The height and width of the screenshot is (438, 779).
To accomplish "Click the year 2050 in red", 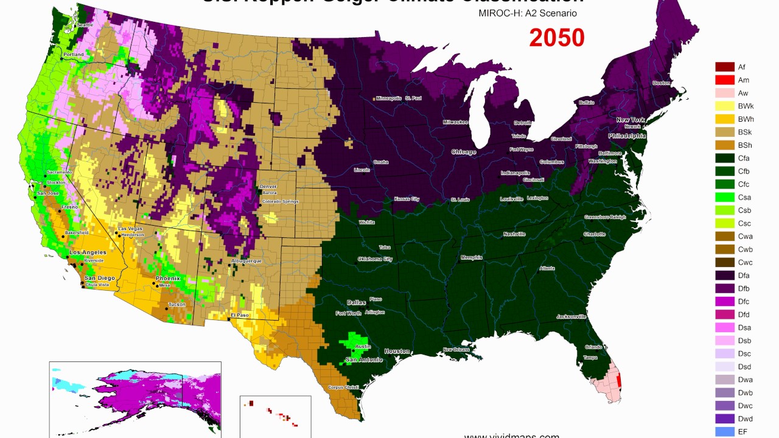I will point(556,38).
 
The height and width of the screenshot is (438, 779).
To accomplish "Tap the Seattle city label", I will point(85,25).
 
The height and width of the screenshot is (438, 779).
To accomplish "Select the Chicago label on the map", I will point(463,152).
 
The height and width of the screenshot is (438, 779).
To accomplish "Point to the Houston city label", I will point(397,351).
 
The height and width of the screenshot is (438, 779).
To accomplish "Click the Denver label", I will point(268,186).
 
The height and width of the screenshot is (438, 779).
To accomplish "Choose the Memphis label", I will point(471,257).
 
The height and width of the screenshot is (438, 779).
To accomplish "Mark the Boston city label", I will point(661,83).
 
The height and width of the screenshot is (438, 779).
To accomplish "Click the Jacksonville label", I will point(571,316).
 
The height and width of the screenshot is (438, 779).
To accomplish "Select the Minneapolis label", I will point(389,98).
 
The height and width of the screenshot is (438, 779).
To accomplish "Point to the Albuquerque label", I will point(246,261).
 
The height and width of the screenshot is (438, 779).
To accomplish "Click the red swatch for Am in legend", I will point(725,80).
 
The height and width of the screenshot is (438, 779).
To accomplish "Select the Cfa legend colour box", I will point(725,158).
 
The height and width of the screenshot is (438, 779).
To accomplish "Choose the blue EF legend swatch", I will point(725,432).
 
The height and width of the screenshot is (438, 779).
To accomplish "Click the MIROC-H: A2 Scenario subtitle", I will point(527,13).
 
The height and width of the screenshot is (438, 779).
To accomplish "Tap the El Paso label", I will point(240,315).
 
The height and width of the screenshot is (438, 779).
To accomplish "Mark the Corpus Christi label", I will point(340,388).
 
